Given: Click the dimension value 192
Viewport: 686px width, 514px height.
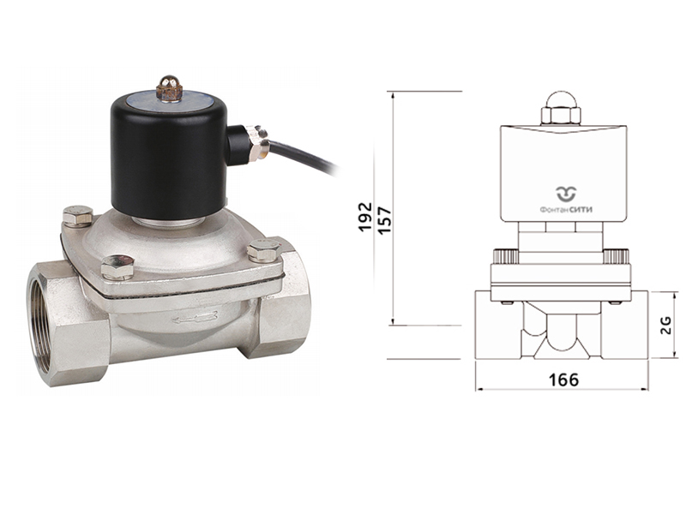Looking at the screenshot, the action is point(365,218).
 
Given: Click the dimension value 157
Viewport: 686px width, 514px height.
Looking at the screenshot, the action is point(384,220).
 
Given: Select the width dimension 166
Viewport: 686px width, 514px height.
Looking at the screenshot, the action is point(563,380).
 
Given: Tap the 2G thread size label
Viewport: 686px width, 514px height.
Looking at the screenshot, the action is point(665,326).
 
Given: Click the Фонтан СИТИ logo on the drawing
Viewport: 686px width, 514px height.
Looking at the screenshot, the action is point(566,200).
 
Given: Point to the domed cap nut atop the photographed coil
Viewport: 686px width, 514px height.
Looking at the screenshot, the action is point(169,88).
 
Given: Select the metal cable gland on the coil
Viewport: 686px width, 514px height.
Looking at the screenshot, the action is point(257,143).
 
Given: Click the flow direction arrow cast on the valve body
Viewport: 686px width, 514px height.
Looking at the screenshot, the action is point(196,318).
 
